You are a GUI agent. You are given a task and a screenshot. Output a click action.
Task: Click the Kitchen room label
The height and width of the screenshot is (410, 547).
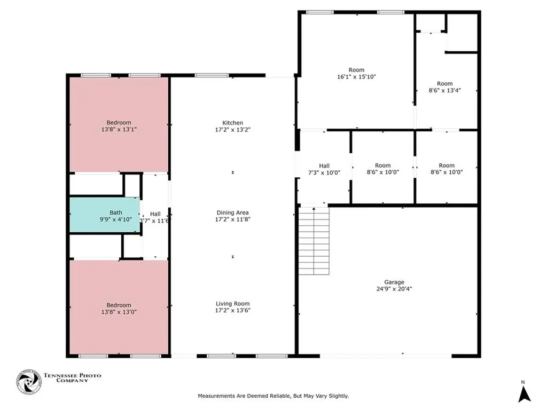pyautogui.click(x=233, y=123)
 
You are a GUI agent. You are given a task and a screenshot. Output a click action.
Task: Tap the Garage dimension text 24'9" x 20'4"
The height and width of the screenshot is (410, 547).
pyautogui.click(x=394, y=289)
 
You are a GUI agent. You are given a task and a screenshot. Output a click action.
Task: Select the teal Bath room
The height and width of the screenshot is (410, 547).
pyautogui.click(x=105, y=215)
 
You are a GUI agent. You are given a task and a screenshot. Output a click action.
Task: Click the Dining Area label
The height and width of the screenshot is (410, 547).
pyautogui.click(x=233, y=212)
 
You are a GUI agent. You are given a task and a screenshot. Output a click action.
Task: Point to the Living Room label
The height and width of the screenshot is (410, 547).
pyautogui.click(x=233, y=304)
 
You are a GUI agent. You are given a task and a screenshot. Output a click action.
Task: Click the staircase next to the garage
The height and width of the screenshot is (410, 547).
pyautogui.click(x=314, y=241)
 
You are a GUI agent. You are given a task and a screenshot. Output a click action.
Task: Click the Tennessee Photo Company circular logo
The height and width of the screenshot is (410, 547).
pyautogui.click(x=29, y=382)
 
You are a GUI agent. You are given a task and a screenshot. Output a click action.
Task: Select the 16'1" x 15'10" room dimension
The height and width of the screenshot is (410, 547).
pyautogui.click(x=356, y=77)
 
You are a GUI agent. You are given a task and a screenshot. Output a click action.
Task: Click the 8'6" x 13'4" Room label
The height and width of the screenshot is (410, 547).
pyautogui.click(x=445, y=84)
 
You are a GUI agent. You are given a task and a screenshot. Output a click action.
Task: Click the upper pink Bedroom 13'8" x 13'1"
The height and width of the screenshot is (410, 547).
pyautogui.click(x=119, y=125)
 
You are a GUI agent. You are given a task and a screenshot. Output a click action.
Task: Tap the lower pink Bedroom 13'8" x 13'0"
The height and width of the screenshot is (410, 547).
pyautogui.click(x=119, y=307)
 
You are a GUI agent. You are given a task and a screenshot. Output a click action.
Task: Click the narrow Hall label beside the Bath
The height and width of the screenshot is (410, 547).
pyautogui.click(x=155, y=214)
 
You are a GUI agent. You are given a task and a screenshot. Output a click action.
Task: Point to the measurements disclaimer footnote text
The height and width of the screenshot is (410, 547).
pyautogui.click(x=273, y=396)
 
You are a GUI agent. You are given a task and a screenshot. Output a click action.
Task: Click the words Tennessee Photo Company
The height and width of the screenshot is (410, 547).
pyautogui.click(x=72, y=377)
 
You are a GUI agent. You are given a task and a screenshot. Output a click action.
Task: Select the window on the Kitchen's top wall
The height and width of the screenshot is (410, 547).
pyautogui.click(x=212, y=75)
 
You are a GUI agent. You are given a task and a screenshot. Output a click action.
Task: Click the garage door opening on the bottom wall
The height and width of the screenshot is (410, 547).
pyautogui.click(x=386, y=356)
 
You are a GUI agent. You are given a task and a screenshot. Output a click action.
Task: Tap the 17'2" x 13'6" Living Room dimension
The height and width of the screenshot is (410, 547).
pyautogui.click(x=233, y=310)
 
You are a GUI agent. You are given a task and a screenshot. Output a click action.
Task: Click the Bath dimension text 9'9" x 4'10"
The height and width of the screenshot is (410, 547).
pyautogui.click(x=116, y=219)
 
